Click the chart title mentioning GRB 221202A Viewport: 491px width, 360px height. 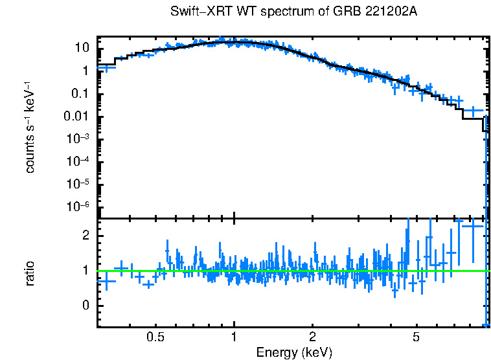(295, 12)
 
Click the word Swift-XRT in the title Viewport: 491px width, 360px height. (194, 12)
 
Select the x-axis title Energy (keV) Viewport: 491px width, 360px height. (294, 352)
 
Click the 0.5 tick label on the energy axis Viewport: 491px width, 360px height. (155, 337)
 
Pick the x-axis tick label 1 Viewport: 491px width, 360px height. (234, 337)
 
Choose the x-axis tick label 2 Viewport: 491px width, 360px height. (312, 337)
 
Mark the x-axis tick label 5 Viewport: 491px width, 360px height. (417, 337)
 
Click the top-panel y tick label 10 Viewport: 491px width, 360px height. (82, 48)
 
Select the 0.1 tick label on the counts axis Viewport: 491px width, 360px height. (80, 94)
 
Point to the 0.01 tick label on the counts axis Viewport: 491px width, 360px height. (77, 117)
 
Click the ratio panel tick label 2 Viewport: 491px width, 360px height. (85, 236)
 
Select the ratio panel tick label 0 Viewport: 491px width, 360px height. (85, 306)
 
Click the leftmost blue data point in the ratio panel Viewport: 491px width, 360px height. (106, 281)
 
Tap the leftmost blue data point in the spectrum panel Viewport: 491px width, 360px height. (106, 67)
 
